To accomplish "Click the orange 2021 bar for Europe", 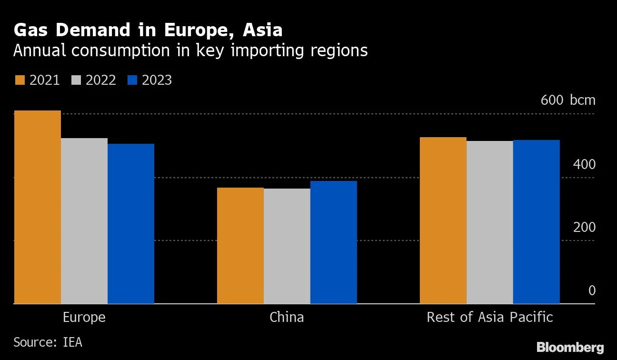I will [x=38, y=207].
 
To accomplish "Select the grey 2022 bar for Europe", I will [x=84, y=221].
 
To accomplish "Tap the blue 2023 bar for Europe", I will [x=131, y=224].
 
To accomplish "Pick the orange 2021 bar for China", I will [x=240, y=246].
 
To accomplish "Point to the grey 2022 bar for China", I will [x=287, y=246].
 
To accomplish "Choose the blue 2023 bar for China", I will [x=334, y=242].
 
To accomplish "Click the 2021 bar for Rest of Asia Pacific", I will [x=443, y=220].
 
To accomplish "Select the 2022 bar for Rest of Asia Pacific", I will [x=489, y=222].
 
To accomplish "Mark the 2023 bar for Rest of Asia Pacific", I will [x=536, y=222].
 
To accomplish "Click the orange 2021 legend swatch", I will [x=20, y=80].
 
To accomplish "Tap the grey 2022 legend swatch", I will [x=76, y=80].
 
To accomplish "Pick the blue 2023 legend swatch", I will [x=132, y=80].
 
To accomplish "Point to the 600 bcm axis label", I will [x=567, y=100].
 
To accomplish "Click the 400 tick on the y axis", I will [x=585, y=165].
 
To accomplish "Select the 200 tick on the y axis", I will [x=585, y=228].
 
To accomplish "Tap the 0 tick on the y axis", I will [x=592, y=290].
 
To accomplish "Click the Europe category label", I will [x=84, y=318].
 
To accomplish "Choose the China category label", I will [x=287, y=318].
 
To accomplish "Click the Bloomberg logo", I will [x=570, y=347].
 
